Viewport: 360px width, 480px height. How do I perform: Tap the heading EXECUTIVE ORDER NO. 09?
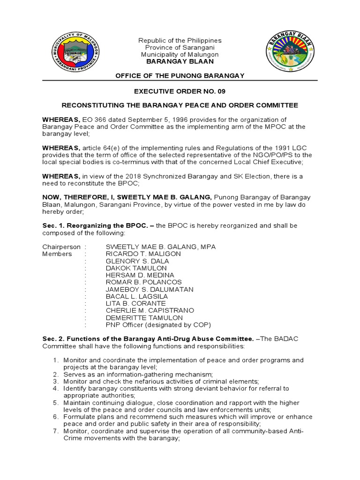180,91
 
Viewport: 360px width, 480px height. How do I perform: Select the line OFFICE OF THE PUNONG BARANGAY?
180,76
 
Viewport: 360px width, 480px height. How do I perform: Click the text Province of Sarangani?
180,48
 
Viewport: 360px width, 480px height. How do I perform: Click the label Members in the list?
57,254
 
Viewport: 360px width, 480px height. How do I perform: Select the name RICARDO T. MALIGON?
143,254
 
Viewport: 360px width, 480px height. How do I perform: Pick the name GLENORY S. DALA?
137,261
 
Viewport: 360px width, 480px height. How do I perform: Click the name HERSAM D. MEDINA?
140,275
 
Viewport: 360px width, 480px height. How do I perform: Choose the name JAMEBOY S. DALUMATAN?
150,289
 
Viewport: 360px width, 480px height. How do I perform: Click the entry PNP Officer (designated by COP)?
158,324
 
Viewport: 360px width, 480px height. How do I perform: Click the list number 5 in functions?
55,403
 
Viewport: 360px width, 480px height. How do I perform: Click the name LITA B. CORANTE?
136,303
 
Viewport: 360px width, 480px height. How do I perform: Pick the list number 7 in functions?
55,431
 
